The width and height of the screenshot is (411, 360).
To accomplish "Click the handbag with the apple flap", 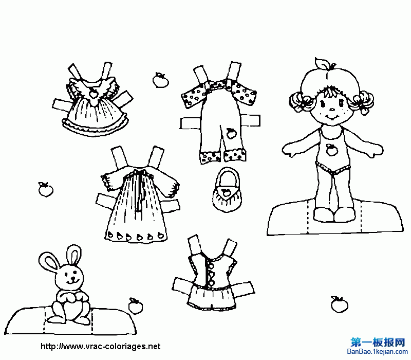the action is [x=227, y=191].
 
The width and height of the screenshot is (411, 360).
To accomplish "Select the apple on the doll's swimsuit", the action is [x=331, y=150].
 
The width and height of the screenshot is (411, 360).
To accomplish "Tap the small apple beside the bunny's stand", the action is [x=135, y=306].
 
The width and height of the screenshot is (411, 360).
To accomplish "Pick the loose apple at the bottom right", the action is [x=339, y=305].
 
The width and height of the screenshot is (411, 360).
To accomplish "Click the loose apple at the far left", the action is [x=46, y=189].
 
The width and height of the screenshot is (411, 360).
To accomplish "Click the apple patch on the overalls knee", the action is [x=231, y=134].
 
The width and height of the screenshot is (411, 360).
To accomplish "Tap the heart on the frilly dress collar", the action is [x=93, y=93].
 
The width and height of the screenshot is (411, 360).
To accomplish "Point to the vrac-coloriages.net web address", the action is [x=100, y=346].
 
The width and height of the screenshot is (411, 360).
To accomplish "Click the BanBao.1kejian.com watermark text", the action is [x=378, y=352].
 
